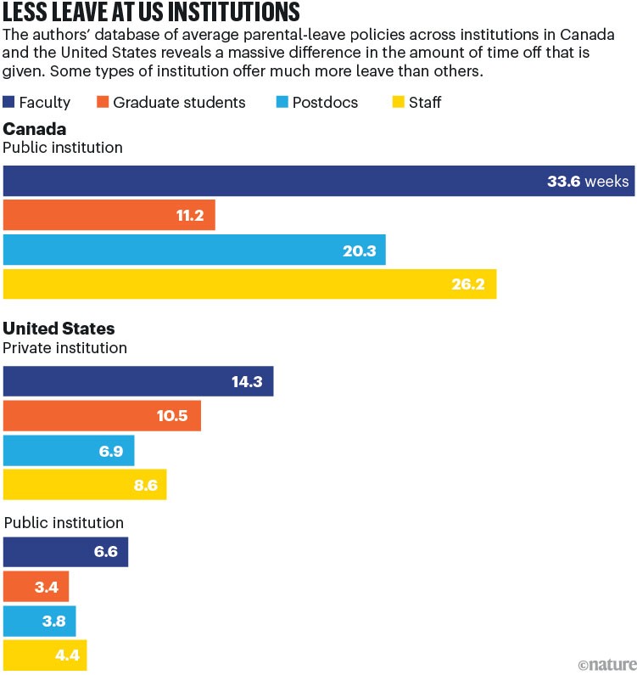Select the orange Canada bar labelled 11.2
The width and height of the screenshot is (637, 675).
109,216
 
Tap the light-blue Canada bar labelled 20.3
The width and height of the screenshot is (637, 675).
194,250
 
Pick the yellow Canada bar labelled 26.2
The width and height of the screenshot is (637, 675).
249,284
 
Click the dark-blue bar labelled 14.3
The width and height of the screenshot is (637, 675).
137,382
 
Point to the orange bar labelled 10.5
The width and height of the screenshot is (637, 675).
102,416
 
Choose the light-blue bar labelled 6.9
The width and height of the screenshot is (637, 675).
68,450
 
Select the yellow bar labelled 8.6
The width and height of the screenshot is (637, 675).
85,484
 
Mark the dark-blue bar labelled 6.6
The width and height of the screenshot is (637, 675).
65,552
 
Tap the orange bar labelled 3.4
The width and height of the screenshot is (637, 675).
36,586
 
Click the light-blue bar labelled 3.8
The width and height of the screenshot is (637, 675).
39,620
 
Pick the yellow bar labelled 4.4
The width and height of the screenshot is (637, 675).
44,654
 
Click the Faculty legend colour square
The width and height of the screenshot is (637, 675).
9,103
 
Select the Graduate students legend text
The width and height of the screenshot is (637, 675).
179,103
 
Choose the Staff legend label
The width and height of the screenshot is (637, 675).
424,103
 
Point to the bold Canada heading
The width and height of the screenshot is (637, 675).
35,128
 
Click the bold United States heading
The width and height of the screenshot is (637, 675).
59,329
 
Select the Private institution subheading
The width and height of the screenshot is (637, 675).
65,348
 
